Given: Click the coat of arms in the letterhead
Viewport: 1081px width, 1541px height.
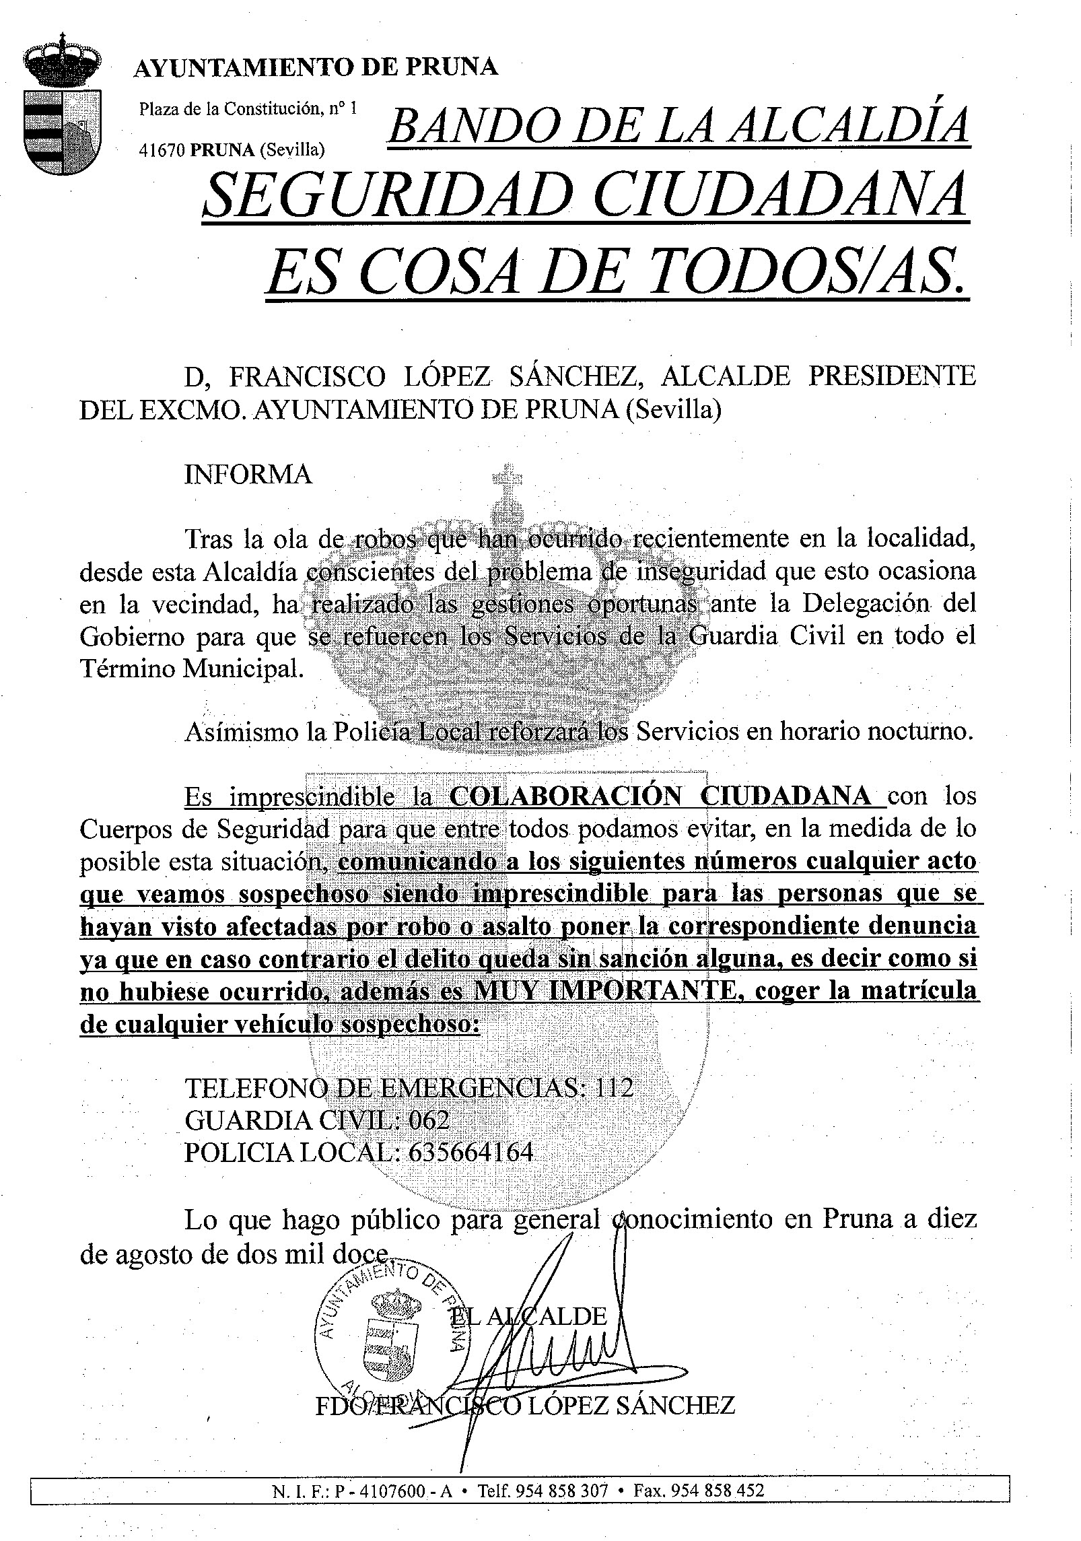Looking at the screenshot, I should click(x=62, y=107).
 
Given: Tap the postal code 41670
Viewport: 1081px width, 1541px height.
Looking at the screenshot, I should click(x=162, y=150).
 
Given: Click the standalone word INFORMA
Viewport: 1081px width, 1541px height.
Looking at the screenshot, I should click(x=248, y=475).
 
